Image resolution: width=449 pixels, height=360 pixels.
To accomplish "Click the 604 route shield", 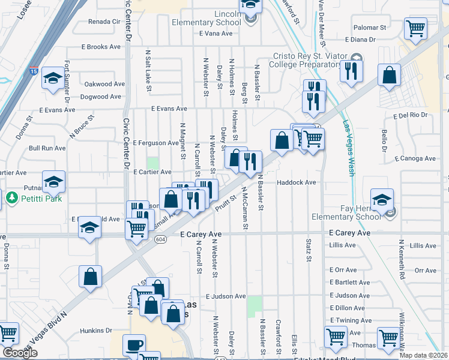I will click(160, 239).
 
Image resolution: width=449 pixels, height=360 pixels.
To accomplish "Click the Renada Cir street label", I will click(104, 22).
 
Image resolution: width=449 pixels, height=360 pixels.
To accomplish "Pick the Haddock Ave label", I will click(296, 182).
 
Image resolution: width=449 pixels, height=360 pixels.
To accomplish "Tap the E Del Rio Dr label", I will click(410, 115).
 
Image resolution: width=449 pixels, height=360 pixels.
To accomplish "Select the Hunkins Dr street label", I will click(96, 330).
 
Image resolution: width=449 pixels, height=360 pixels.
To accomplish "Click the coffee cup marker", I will click(134, 344).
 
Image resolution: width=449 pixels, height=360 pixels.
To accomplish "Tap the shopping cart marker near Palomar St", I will click(415, 27).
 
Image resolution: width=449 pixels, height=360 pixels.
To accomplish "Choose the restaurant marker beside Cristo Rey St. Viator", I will click(349, 71).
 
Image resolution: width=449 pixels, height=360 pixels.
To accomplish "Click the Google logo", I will click(20, 353).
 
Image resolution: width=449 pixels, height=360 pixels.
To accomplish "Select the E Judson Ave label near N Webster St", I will click(226, 296).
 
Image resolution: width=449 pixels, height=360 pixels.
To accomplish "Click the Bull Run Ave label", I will click(47, 148).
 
